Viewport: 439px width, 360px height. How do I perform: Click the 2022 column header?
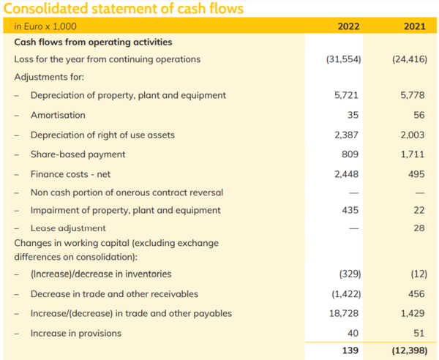tap(348, 27)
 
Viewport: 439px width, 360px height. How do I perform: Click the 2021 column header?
tap(414, 27)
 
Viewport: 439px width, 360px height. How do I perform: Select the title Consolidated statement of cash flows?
tap(124, 9)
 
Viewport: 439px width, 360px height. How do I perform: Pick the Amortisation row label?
tap(58, 115)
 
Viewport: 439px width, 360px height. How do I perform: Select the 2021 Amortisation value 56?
tap(419, 115)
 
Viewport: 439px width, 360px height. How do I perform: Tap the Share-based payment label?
tap(78, 154)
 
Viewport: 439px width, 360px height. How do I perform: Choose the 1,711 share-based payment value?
tap(413, 154)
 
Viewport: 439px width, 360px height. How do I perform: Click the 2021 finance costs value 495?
tap(416, 174)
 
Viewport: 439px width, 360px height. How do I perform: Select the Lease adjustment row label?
tap(68, 228)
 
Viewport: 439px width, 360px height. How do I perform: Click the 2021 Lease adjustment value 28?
tap(419, 228)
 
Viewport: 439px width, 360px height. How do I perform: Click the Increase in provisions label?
tap(76, 333)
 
